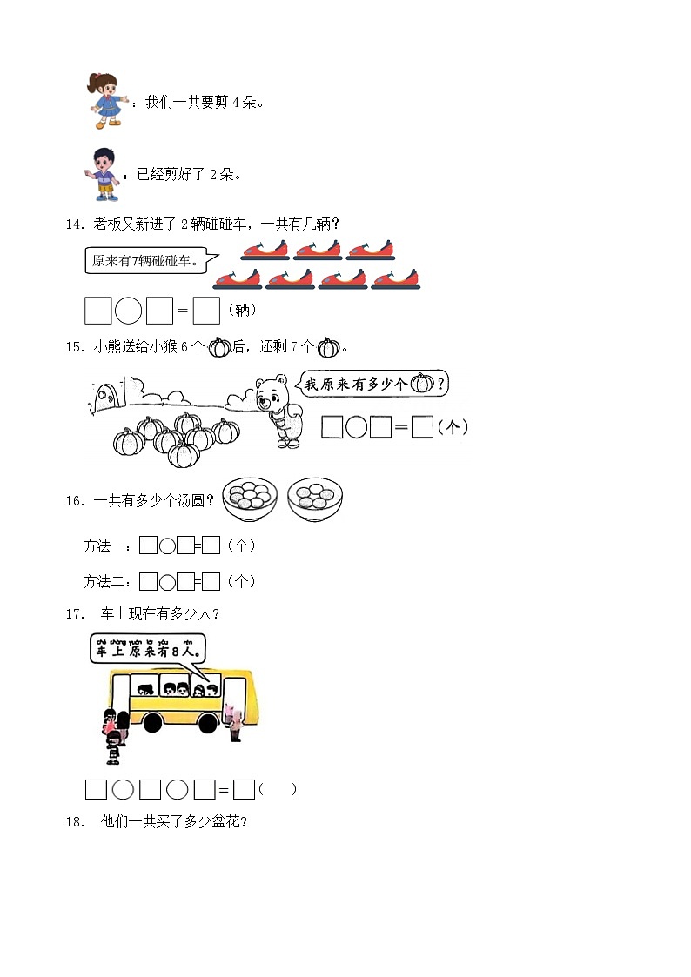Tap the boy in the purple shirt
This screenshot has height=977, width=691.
pyautogui.click(x=105, y=173)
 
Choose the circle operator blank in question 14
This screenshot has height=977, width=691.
pyautogui.click(x=128, y=310)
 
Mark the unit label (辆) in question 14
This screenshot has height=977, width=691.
pyautogui.click(x=241, y=311)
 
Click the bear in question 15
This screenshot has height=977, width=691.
pyautogui.click(x=278, y=409)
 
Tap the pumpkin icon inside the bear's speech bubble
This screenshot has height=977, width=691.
pyautogui.click(x=422, y=383)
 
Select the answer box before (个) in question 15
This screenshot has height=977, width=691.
pyautogui.click(x=422, y=427)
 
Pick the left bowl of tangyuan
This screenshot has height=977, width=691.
pyautogui.click(x=249, y=499)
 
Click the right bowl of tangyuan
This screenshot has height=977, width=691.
pyautogui.click(x=315, y=499)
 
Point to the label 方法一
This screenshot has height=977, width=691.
pyautogui.click(x=106, y=546)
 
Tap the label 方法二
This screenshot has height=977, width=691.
pyautogui.click(x=106, y=581)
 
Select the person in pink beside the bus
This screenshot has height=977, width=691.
pyautogui.click(x=233, y=722)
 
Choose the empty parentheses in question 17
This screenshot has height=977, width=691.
pyautogui.click(x=278, y=789)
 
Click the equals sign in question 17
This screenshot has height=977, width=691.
pyautogui.click(x=224, y=790)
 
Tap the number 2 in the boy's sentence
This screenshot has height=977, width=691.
pyautogui.click(x=213, y=175)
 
